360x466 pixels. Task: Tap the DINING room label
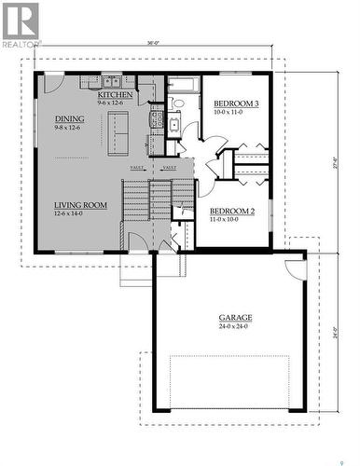[x=69, y=118]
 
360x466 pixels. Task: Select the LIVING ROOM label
[x=80, y=204]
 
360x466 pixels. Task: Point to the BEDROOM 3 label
[x=236, y=103]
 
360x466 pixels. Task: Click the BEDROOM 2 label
[x=231, y=211]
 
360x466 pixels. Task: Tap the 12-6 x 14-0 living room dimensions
[x=68, y=213]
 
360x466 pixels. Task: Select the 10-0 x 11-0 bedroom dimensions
[x=228, y=112]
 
